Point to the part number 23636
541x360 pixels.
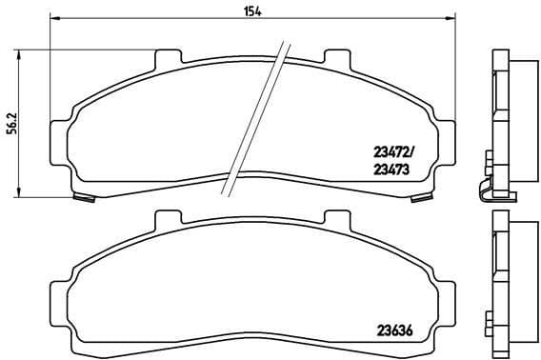click(390, 333)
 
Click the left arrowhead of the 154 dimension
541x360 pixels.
click(54, 19)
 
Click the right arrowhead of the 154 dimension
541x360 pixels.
click(449, 19)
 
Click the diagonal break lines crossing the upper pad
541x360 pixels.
click(255, 119)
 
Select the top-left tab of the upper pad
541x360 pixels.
click(166, 58)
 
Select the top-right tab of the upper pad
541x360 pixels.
click(336, 58)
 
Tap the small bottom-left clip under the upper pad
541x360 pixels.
click(84, 197)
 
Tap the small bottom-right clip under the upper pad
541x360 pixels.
click(418, 197)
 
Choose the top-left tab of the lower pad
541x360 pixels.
click(166, 221)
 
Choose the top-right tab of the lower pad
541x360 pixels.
click(336, 221)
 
